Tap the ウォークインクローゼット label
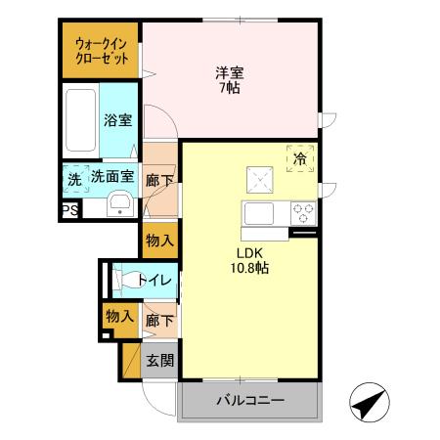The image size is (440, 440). coord(102,52)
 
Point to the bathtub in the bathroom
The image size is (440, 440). coord(80,120)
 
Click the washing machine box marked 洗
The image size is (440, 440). coord(73,180)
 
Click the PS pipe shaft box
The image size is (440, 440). coord(68,209)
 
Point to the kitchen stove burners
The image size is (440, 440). coord(302,210)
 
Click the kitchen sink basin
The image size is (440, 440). coord(261,212)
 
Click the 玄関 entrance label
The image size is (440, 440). coord(160,360)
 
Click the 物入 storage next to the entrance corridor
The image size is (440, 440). coord(118,316)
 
